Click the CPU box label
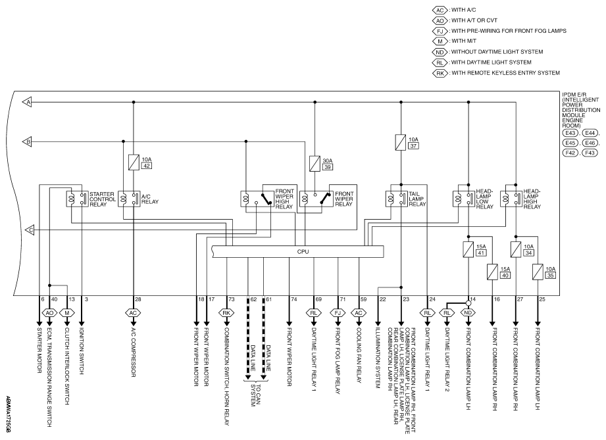303,251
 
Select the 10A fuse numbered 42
134,162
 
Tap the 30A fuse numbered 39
315,164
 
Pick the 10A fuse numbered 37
401,142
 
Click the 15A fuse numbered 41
468,249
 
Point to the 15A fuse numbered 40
492,272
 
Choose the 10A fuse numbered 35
538,272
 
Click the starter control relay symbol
77,199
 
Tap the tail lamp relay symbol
397,199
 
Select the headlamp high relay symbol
511,199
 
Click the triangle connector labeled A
27,102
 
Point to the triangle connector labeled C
30,230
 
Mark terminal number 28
138,299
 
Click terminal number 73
231,299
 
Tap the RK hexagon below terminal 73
226,312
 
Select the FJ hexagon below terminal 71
338,312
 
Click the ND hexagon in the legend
440,52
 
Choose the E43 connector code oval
570,133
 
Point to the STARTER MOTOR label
39,351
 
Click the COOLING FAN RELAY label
359,355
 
